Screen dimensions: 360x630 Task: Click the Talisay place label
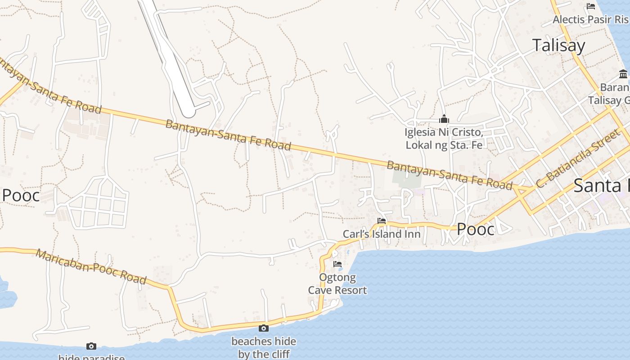click(558, 45)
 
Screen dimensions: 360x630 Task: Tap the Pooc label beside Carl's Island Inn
click(476, 229)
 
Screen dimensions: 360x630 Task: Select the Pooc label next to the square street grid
click(21, 195)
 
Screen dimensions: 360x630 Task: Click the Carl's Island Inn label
click(382, 234)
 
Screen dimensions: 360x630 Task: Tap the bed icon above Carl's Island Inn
click(382, 221)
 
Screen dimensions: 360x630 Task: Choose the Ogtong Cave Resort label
click(337, 284)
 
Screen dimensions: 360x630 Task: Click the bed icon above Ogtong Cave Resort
click(337, 264)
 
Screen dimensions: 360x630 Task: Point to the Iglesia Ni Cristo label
click(444, 139)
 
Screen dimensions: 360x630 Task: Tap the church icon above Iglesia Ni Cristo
click(444, 119)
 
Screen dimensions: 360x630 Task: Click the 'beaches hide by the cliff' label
click(264, 348)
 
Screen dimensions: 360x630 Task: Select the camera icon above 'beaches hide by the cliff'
click(264, 328)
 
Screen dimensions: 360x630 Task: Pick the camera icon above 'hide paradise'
click(91, 346)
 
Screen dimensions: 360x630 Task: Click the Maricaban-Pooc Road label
click(91, 267)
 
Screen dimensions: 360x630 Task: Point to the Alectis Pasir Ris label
click(590, 20)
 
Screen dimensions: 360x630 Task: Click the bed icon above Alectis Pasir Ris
click(591, 6)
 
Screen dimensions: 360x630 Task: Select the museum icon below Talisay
click(623, 74)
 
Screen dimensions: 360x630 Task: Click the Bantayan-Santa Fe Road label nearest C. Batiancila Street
click(449, 175)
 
